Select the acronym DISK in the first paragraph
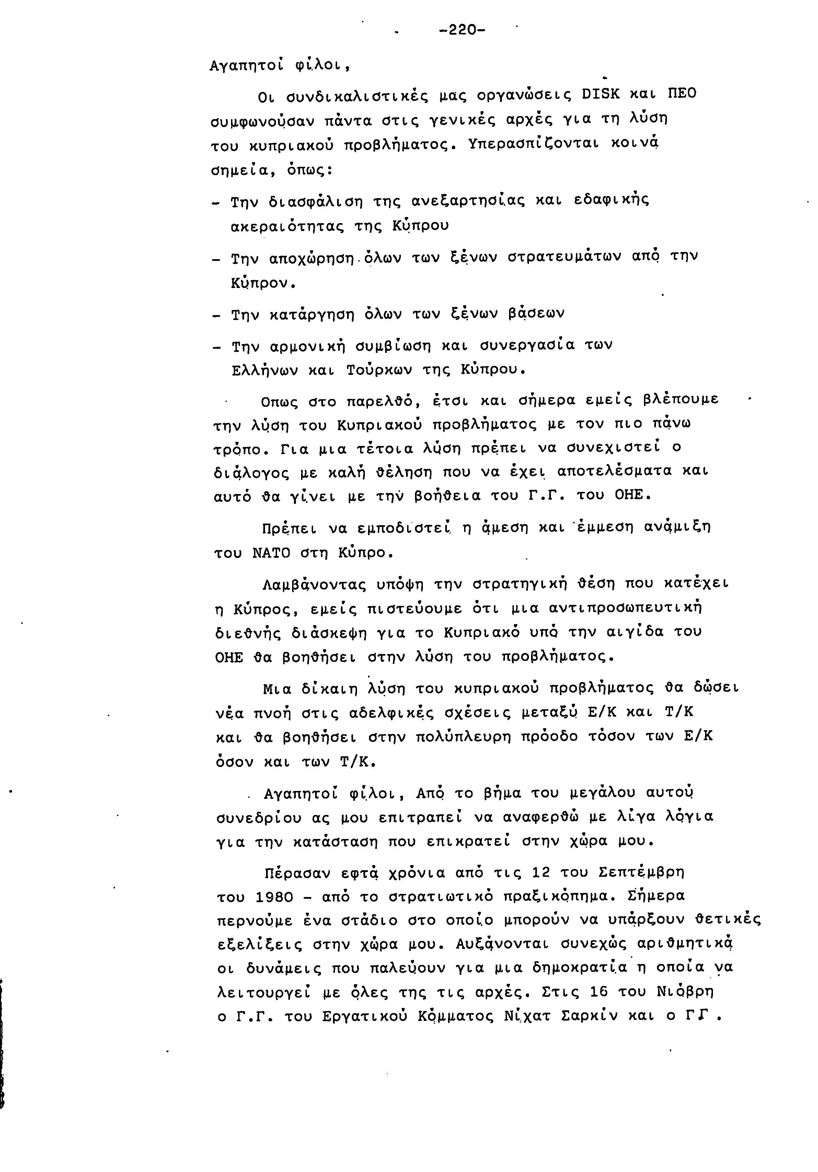601,94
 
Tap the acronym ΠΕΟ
681,94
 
